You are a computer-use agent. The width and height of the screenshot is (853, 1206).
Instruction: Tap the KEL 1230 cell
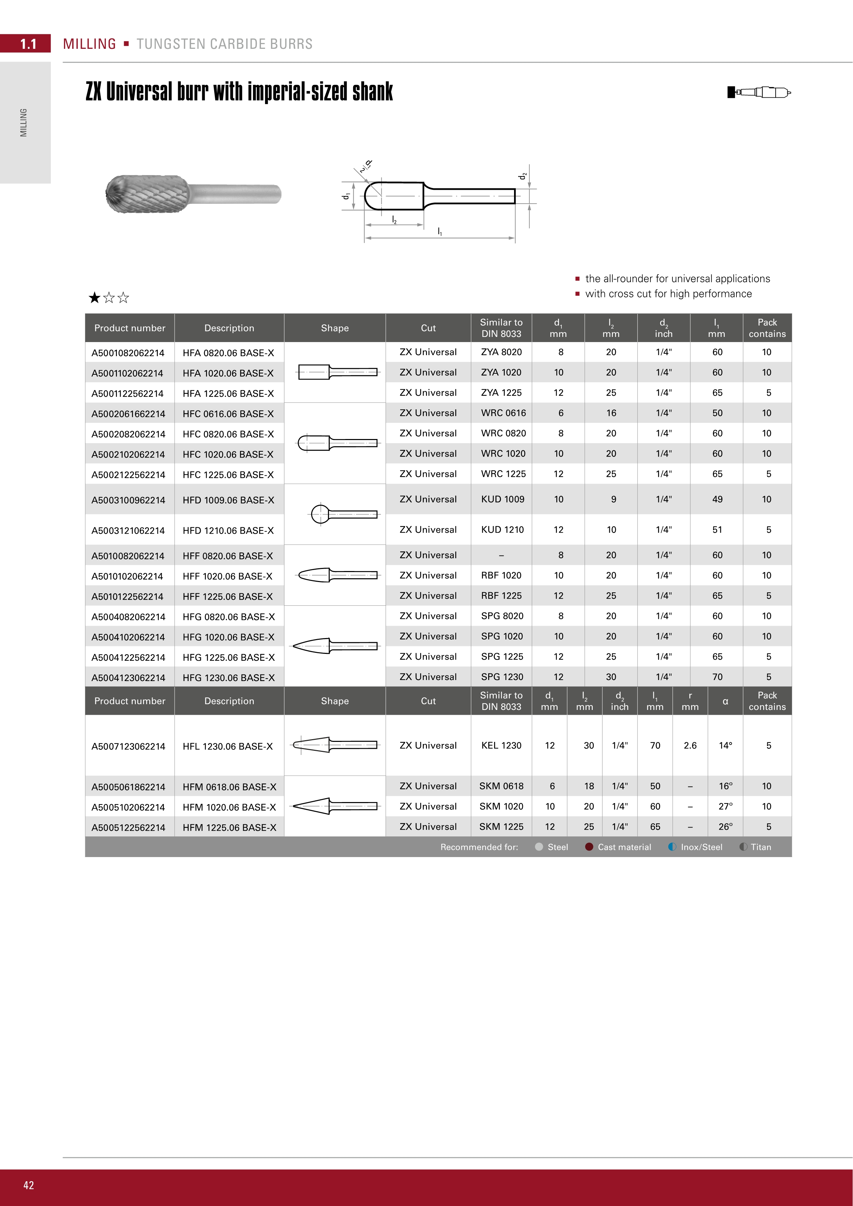[501, 745]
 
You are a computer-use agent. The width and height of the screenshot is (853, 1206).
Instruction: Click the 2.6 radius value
[690, 745]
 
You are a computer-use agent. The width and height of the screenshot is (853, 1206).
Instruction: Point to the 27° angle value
[725, 806]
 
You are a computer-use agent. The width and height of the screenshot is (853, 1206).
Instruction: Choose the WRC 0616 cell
[503, 413]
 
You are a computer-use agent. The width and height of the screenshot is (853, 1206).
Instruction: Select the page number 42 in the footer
[28, 1185]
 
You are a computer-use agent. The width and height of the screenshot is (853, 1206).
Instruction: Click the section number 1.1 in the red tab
[28, 44]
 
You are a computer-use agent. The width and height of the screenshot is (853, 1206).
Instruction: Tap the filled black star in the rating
[95, 298]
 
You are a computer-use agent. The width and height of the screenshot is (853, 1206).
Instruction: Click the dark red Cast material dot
[589, 847]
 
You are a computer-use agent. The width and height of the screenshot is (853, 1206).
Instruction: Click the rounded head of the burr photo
[117, 194]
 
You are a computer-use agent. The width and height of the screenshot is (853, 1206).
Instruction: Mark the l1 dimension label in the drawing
[440, 232]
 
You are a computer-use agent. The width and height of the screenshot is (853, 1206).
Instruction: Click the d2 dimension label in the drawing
[522, 176]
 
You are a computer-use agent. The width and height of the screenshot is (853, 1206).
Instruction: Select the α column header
[725, 701]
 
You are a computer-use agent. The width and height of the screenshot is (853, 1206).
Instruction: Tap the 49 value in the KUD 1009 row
[717, 499]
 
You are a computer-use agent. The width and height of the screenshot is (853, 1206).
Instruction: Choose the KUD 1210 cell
[502, 529]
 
